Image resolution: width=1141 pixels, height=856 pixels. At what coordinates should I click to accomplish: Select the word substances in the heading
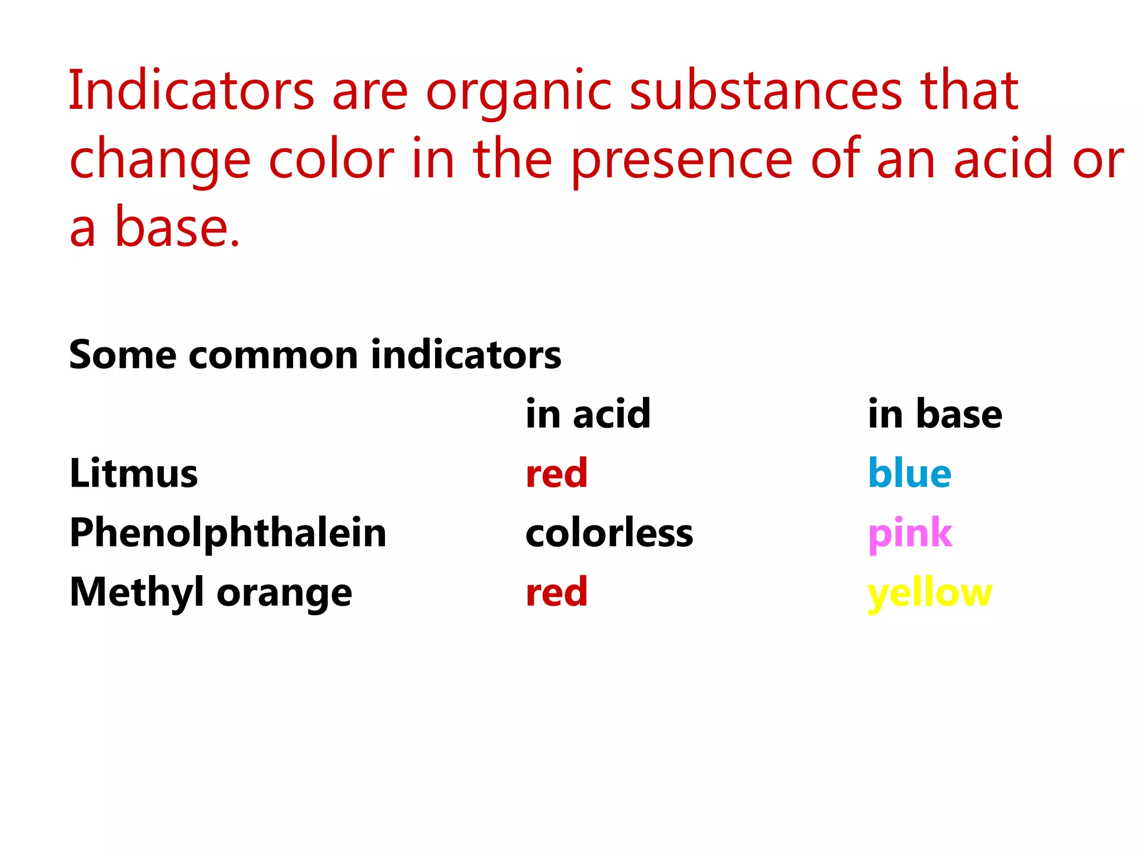[765, 91]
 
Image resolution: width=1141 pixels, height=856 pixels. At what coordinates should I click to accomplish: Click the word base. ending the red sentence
[177, 227]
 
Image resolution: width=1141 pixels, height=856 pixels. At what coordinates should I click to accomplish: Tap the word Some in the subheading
[123, 355]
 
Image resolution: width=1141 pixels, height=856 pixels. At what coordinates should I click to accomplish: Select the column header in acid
[588, 414]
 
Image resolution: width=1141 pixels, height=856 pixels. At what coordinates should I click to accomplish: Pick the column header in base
[935, 414]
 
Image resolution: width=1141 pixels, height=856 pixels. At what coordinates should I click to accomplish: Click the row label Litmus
[134, 473]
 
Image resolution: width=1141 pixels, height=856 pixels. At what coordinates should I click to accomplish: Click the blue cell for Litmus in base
[909, 473]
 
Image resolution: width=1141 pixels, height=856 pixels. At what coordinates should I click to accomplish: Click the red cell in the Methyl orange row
[557, 592]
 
